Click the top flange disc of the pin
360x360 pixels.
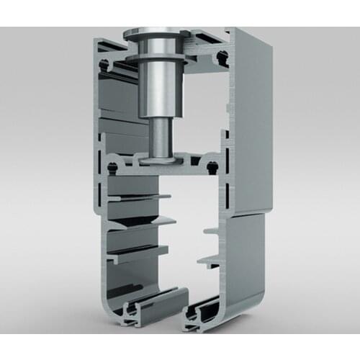pyautogui.click(x=154, y=33)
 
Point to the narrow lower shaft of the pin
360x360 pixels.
pyautogui.click(x=160, y=137)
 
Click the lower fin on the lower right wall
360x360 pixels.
pyautogui.click(x=209, y=258)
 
